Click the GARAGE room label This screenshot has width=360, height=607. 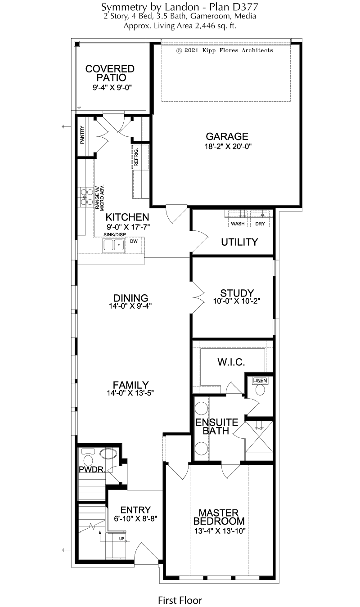click(227, 136)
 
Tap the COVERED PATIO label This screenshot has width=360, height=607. click(110, 73)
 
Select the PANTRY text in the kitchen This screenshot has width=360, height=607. click(82, 135)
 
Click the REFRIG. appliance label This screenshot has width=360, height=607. click(136, 157)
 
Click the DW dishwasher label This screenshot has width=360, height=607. click(134, 241)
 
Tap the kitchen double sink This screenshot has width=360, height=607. click(113, 245)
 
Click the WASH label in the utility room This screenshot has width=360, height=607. click(238, 224)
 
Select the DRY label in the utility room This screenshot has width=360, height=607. click(260, 224)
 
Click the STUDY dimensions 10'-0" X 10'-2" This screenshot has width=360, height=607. click(237, 301)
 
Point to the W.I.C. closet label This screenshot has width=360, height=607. click(231, 362)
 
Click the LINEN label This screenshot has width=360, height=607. click(260, 381)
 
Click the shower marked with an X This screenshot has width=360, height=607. click(259, 437)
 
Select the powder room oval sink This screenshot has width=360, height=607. click(108, 454)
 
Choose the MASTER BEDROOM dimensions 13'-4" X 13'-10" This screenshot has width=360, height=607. click(220, 531)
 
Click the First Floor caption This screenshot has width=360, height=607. click(180, 600)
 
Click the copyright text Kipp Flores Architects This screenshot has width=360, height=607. click(238, 50)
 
